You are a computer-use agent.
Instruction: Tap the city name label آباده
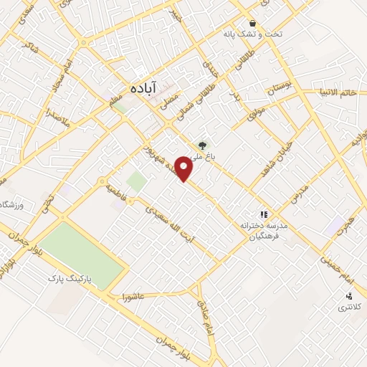(x=142, y=87)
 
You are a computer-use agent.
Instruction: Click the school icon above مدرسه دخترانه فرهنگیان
(x=264, y=214)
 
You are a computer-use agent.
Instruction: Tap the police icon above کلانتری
(x=350, y=296)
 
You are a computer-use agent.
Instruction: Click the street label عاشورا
(x=133, y=295)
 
